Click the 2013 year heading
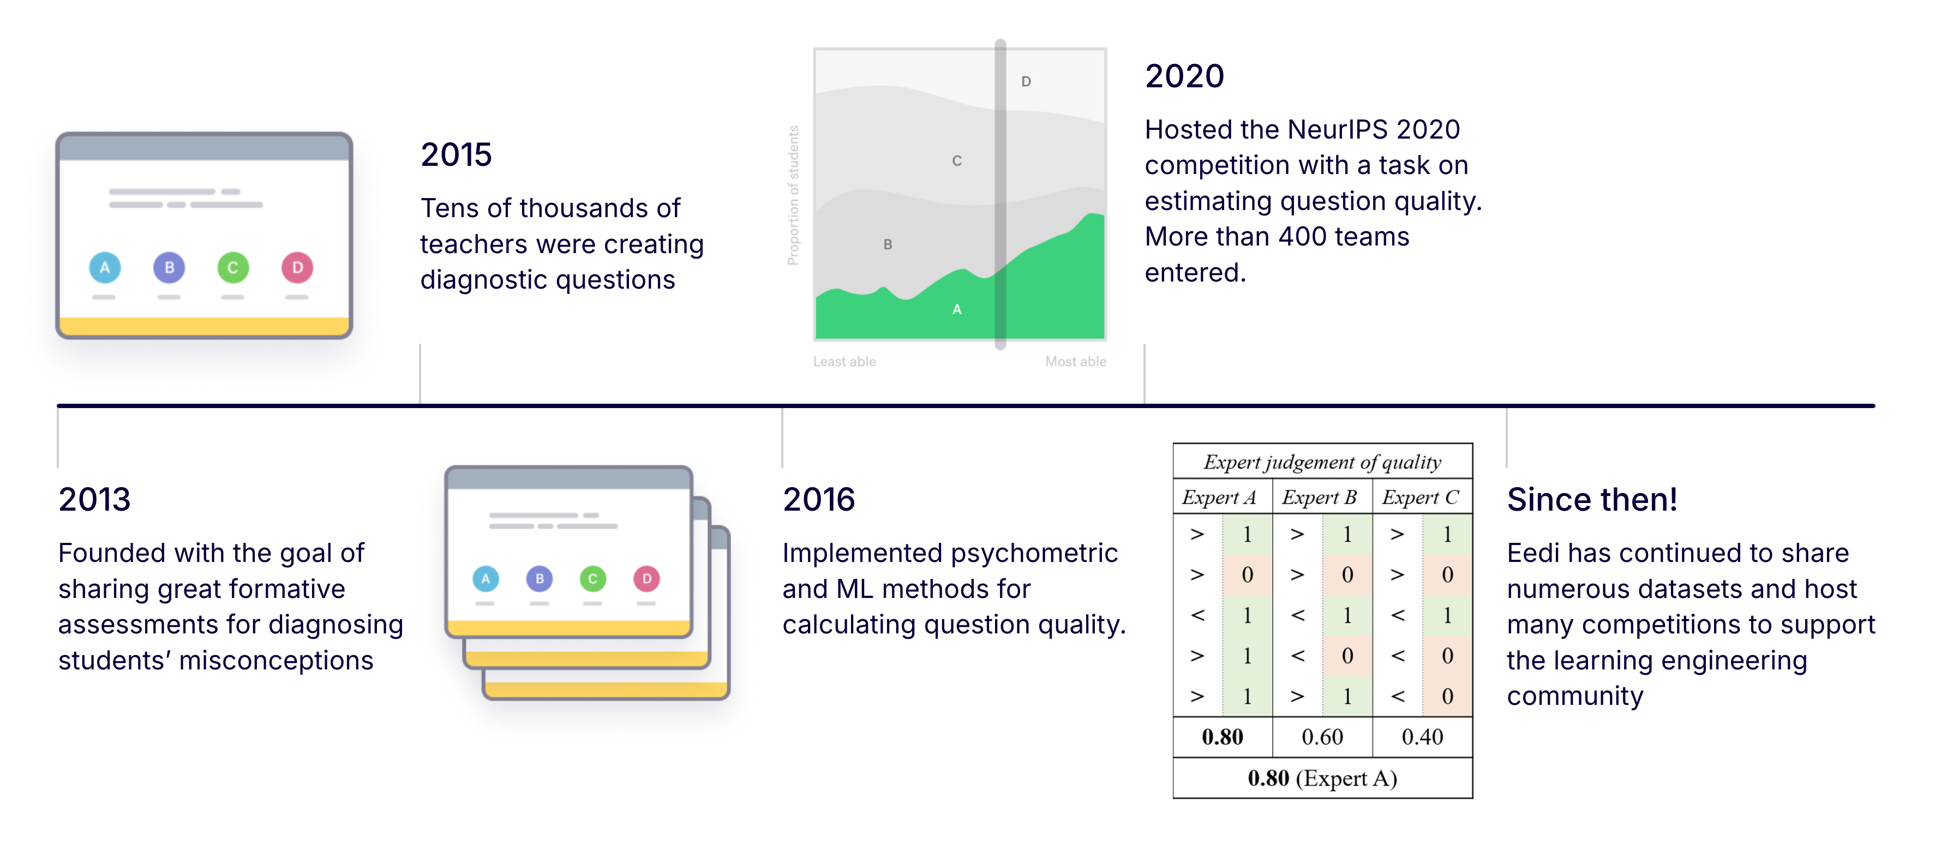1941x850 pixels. click(94, 500)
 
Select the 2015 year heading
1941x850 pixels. click(456, 155)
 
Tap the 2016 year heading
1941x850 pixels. click(818, 500)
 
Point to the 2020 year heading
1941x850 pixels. click(1184, 76)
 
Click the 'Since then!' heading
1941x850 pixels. click(1591, 500)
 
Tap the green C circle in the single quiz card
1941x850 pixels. click(233, 267)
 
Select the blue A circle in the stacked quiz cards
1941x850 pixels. click(486, 579)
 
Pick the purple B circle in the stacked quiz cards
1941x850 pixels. click(540, 579)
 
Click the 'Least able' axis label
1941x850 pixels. click(844, 362)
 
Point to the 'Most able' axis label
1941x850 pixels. click(1075, 362)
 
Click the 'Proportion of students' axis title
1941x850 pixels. click(793, 195)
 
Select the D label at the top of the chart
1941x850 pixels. click(1026, 81)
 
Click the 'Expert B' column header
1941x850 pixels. click(1320, 498)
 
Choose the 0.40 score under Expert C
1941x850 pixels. click(1422, 737)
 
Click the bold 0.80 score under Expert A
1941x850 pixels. click(1222, 737)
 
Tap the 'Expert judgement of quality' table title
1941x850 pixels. click(1322, 462)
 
